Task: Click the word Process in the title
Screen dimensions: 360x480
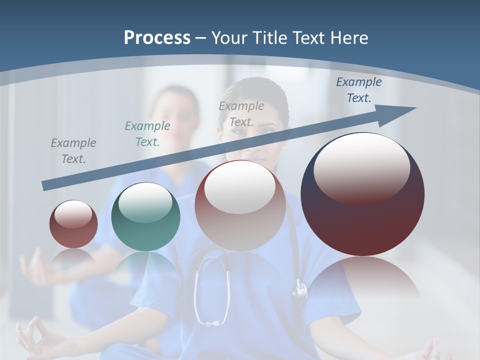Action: tap(157, 37)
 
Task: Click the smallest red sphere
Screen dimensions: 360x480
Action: tap(73, 224)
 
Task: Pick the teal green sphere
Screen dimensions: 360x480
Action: tap(145, 217)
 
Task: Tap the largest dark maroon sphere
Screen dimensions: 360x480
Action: tap(362, 194)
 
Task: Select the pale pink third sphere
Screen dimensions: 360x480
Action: tap(240, 205)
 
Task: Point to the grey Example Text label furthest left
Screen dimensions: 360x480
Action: tap(73, 151)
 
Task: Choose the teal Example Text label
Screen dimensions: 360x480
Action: tap(147, 134)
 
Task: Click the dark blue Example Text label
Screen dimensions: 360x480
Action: tap(359, 90)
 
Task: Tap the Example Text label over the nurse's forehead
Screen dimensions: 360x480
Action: tap(241, 114)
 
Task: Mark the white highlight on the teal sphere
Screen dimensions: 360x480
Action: tap(145, 202)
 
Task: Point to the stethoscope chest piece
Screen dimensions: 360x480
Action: tap(300, 290)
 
